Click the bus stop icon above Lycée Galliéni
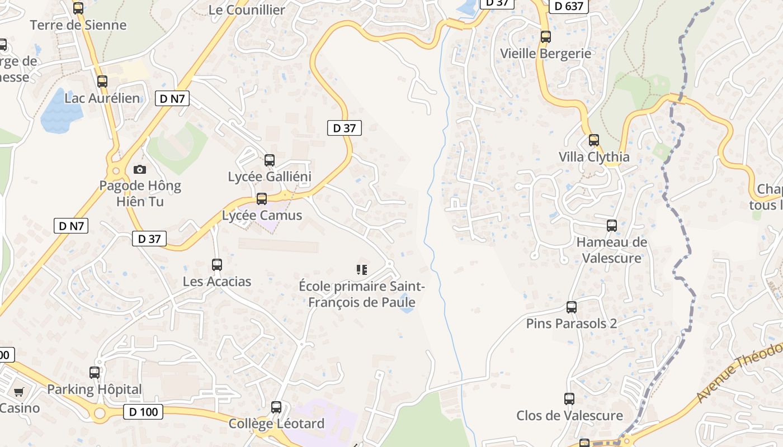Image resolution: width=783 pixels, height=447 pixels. tap(270, 160)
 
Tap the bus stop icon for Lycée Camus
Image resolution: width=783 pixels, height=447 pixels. tap(261, 199)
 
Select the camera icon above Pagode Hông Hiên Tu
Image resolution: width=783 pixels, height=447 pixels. tap(140, 169)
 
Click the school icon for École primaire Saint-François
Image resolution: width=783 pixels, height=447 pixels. tap(362, 270)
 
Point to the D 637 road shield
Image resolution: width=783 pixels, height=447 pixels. tap(569, 6)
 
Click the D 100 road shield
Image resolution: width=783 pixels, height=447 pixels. tap(143, 412)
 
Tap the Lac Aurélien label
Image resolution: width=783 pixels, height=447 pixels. tap(102, 98)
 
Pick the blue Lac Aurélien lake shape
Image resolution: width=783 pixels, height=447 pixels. tap(60, 111)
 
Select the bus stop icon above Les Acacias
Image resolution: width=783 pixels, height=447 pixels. tap(217, 265)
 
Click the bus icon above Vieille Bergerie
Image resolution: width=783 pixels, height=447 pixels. tap(545, 37)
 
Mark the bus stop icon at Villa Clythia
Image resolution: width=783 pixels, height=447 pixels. tap(594, 140)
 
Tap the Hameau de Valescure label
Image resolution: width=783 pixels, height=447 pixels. tap(611, 250)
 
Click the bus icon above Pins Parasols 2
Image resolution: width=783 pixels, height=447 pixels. tap(571, 307)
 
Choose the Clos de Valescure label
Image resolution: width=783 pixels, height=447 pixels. tap(569, 416)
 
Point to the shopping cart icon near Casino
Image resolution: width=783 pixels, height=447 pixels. tap(18, 392)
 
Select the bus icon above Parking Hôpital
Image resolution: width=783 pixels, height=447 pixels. tap(95, 372)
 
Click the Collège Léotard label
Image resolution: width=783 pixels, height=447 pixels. tap(276, 424)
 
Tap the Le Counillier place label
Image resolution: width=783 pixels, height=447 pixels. tap(247, 9)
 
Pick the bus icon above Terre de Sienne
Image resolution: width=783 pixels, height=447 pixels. tap(78, 8)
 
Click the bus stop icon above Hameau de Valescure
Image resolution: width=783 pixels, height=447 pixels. tap(612, 226)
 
